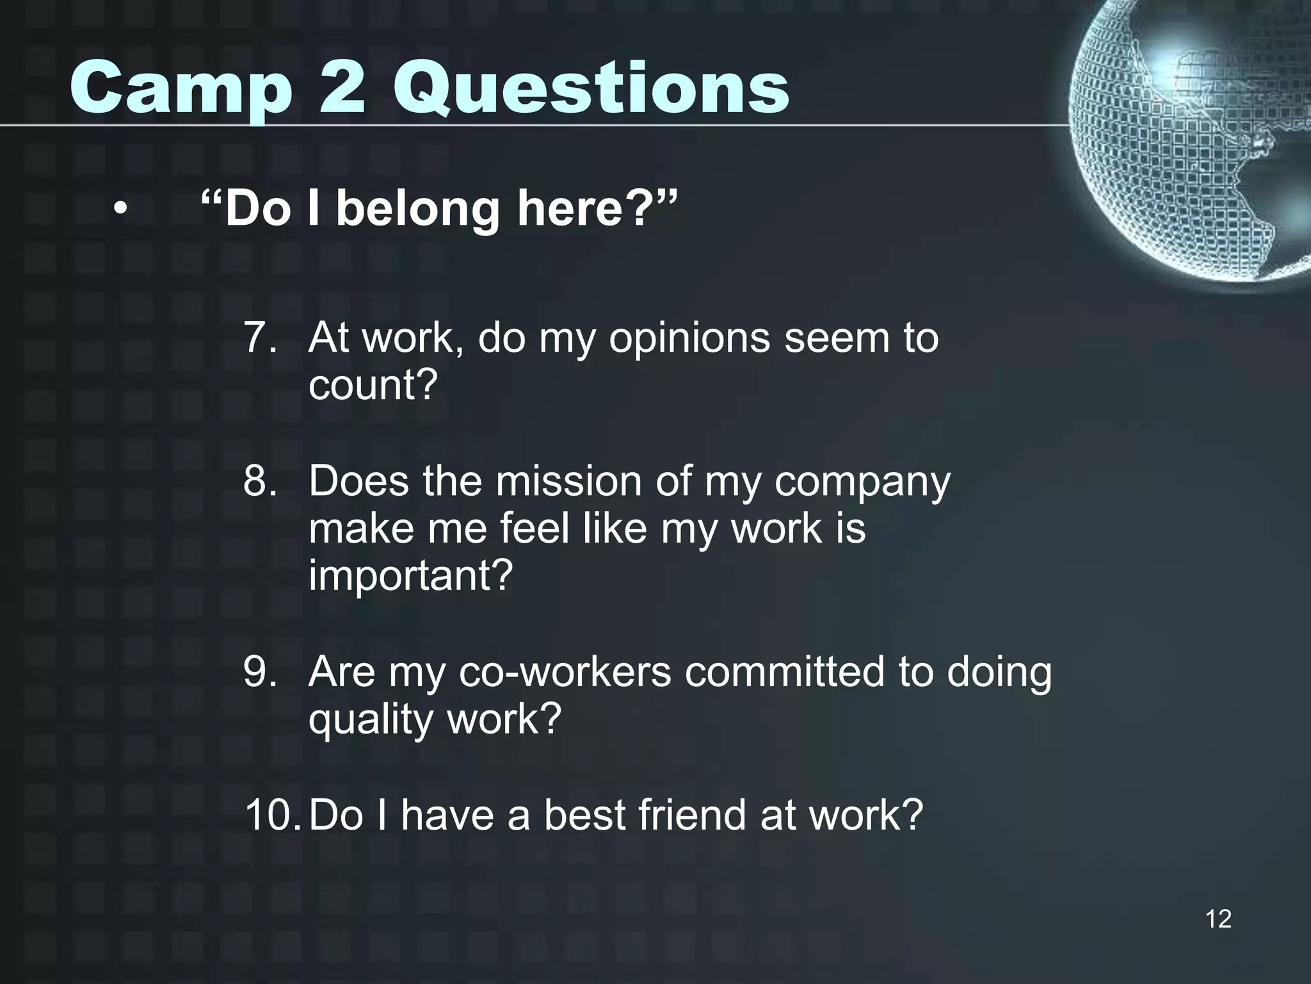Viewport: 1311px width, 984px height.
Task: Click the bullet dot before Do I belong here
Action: [x=120, y=209]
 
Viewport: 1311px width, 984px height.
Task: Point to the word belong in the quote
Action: [x=417, y=209]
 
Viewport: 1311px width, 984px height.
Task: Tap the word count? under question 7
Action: [x=373, y=385]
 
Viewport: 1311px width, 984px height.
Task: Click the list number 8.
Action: [x=260, y=481]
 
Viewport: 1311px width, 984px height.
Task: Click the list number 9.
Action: [x=260, y=672]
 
